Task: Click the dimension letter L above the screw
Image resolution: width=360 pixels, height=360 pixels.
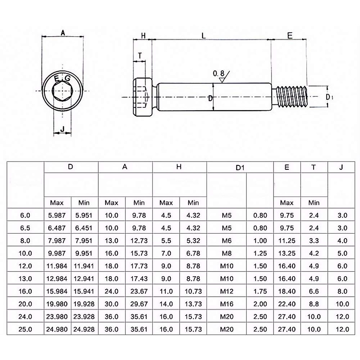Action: click(204, 36)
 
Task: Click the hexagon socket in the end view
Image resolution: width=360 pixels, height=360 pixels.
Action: click(62, 91)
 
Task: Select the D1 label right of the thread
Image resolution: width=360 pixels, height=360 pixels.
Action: click(330, 97)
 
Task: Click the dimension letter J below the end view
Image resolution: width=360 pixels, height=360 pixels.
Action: click(62, 129)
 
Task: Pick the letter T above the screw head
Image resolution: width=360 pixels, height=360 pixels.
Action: click(140, 55)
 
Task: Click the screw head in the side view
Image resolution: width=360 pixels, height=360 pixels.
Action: click(143, 97)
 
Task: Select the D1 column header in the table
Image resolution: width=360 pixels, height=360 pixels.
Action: click(240, 168)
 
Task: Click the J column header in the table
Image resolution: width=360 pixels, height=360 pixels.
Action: click(341, 167)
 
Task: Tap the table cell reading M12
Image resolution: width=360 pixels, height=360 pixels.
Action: click(227, 291)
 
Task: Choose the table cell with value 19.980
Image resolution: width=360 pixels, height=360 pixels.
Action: click(57, 304)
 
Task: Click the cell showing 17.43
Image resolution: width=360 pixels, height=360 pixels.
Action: click(139, 279)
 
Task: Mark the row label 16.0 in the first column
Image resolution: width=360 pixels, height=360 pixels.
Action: click(25, 291)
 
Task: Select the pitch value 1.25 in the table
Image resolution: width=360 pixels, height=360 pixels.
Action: click(260, 253)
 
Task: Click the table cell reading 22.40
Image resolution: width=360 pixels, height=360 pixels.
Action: click(287, 304)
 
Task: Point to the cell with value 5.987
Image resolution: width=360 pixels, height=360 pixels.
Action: click(57, 215)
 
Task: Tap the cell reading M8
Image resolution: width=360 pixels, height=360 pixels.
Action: click(227, 253)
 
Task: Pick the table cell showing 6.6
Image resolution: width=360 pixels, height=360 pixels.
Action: click(314, 291)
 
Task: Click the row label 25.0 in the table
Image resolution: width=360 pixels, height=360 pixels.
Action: click(25, 329)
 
